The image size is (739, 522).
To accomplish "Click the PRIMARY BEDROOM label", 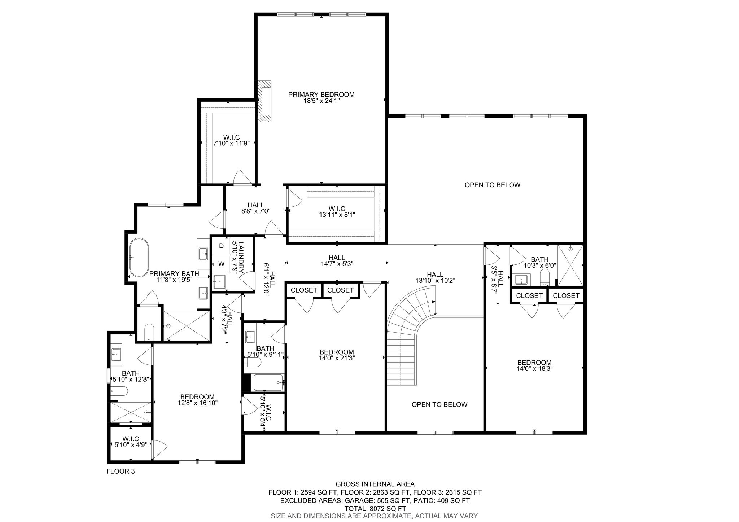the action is [321, 95].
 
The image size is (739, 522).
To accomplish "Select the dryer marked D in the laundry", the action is [222, 246].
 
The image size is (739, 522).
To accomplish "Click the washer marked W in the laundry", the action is [222, 264].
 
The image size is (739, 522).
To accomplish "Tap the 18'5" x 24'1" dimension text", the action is [321, 101].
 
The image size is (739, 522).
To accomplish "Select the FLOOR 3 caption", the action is [121, 471].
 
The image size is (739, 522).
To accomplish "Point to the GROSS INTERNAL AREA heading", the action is [375, 484].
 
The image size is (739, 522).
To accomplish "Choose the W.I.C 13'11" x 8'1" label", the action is [337, 211].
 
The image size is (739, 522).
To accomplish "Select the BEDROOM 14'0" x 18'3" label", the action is [534, 365].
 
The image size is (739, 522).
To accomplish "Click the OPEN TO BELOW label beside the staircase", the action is [440, 404].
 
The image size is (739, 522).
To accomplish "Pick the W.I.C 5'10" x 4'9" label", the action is [131, 442].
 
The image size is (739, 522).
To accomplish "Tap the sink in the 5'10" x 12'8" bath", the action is [116, 355].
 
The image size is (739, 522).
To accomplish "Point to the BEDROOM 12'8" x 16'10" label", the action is [197, 400].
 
